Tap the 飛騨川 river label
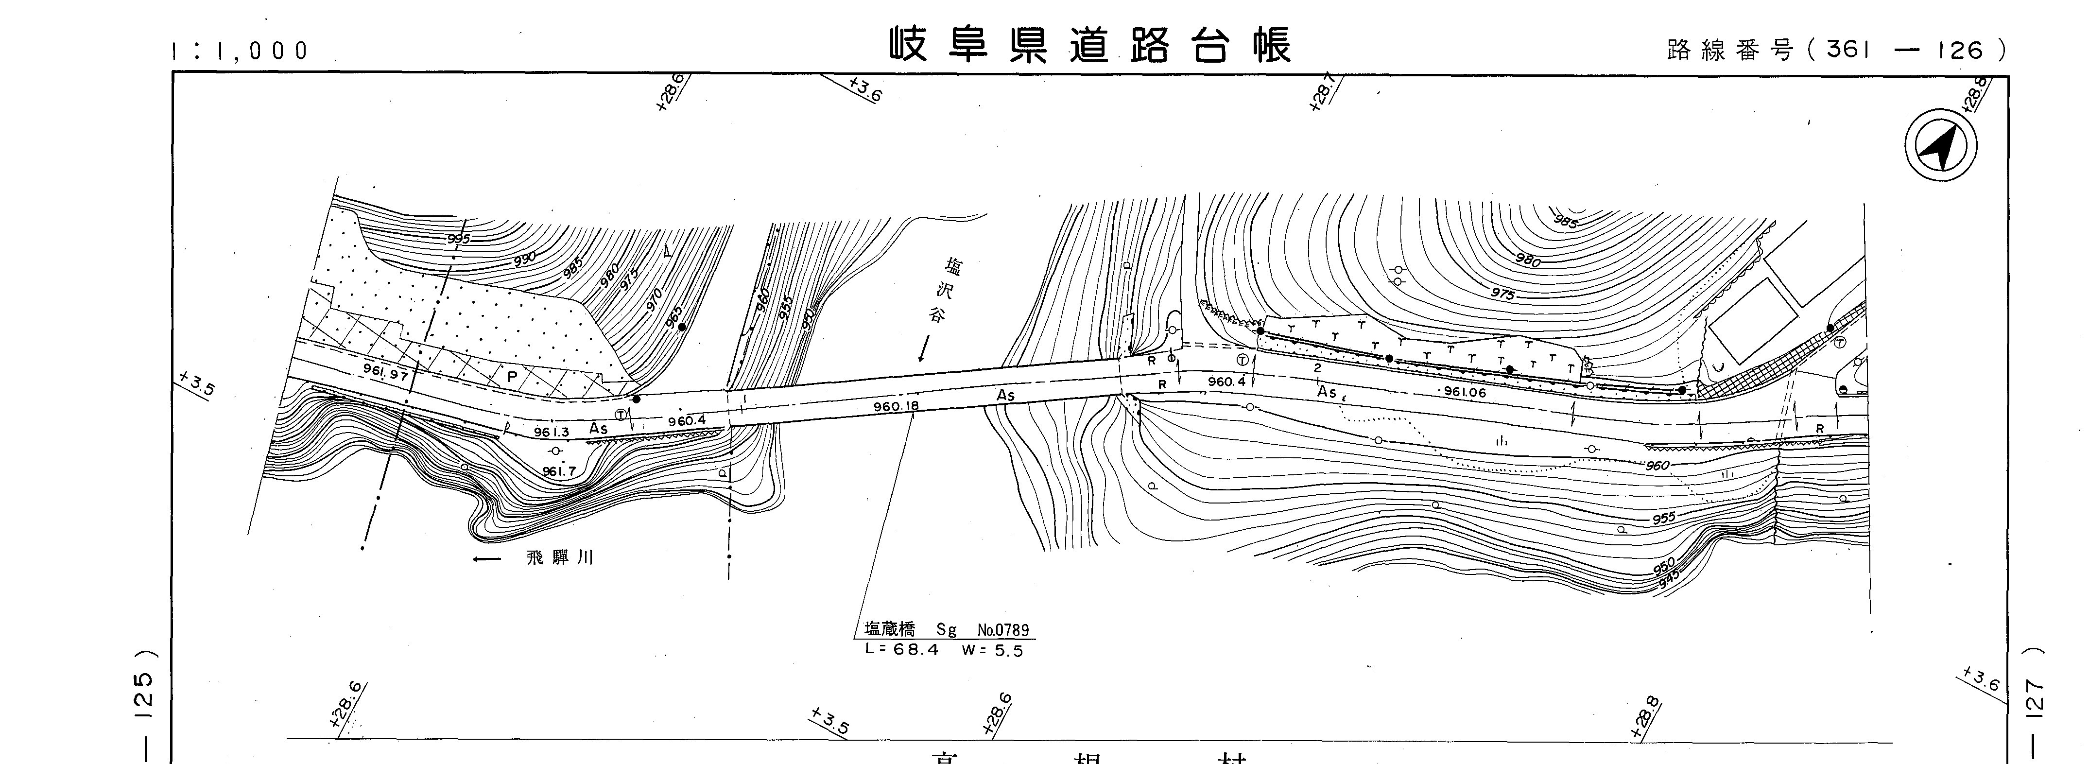pyautogui.click(x=560, y=558)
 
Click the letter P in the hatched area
pyautogui.click(x=512, y=376)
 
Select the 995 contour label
pyautogui.click(x=458, y=239)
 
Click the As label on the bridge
pyautogui.click(x=1005, y=395)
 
